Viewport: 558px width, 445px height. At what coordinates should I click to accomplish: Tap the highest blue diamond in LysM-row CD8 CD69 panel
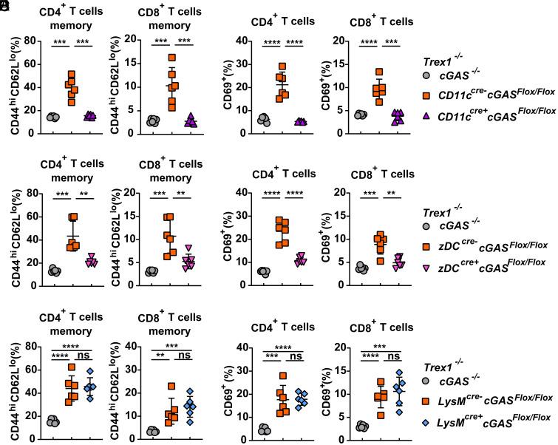(379, 373)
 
